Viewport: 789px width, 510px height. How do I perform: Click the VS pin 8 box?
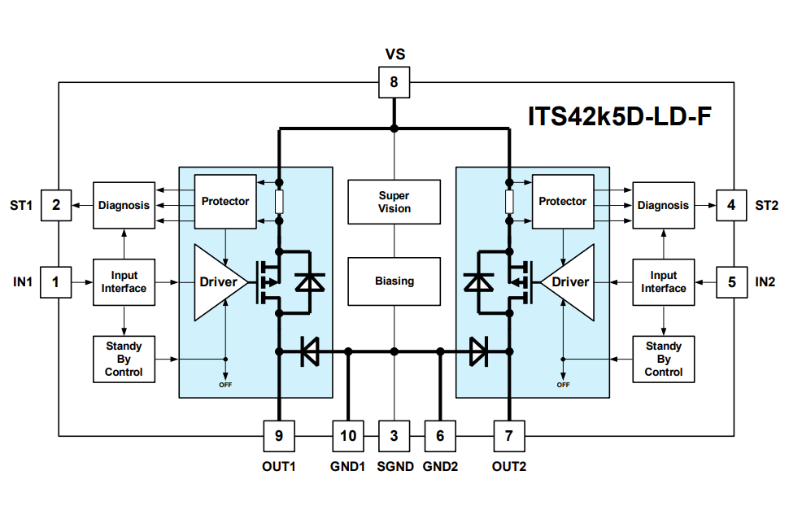pos(394,82)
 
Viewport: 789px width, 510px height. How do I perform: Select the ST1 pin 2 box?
pos(56,205)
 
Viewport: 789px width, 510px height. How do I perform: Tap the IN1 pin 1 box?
pos(56,282)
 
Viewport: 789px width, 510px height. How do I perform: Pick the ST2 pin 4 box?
pos(731,205)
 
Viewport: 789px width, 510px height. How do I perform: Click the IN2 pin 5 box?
pos(731,282)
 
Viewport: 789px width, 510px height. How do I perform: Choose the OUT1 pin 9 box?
pos(279,436)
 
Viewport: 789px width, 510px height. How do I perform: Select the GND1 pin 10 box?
pos(348,436)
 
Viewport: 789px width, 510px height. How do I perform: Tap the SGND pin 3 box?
pos(394,436)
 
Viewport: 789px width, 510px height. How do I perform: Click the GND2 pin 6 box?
pos(440,436)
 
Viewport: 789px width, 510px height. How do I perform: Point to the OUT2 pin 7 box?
pos(509,436)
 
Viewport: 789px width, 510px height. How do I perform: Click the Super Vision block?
pos(394,202)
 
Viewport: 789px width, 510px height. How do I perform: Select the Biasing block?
pos(394,281)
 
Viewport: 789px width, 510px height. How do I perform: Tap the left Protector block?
pos(224,201)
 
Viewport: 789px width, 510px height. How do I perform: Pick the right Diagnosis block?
pos(663,205)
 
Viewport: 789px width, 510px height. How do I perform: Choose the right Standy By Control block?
pos(663,359)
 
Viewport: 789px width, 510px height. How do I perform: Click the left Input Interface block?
pos(124,282)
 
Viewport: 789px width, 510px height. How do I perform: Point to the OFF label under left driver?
pos(225,384)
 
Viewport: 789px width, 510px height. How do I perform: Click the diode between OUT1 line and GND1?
pos(309,351)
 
